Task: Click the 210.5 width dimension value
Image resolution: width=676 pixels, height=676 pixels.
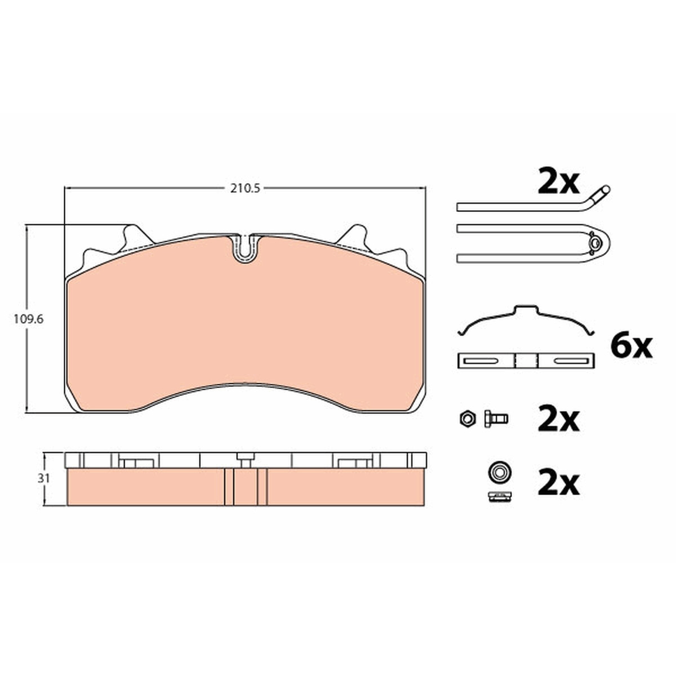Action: tap(245, 188)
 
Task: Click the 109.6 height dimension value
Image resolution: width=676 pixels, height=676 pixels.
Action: tap(28, 319)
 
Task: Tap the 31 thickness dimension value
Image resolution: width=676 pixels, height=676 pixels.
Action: tap(43, 478)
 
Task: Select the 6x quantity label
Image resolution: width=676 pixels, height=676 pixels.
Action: tap(631, 346)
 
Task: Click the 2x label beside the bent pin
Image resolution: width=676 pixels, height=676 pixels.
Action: tap(558, 182)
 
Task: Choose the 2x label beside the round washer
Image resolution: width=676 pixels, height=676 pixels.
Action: tap(558, 484)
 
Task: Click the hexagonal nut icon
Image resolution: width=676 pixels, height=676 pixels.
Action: tap(468, 419)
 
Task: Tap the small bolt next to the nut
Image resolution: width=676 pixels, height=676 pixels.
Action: tap(496, 419)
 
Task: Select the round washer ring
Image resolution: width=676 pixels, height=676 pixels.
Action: tap(499, 472)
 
